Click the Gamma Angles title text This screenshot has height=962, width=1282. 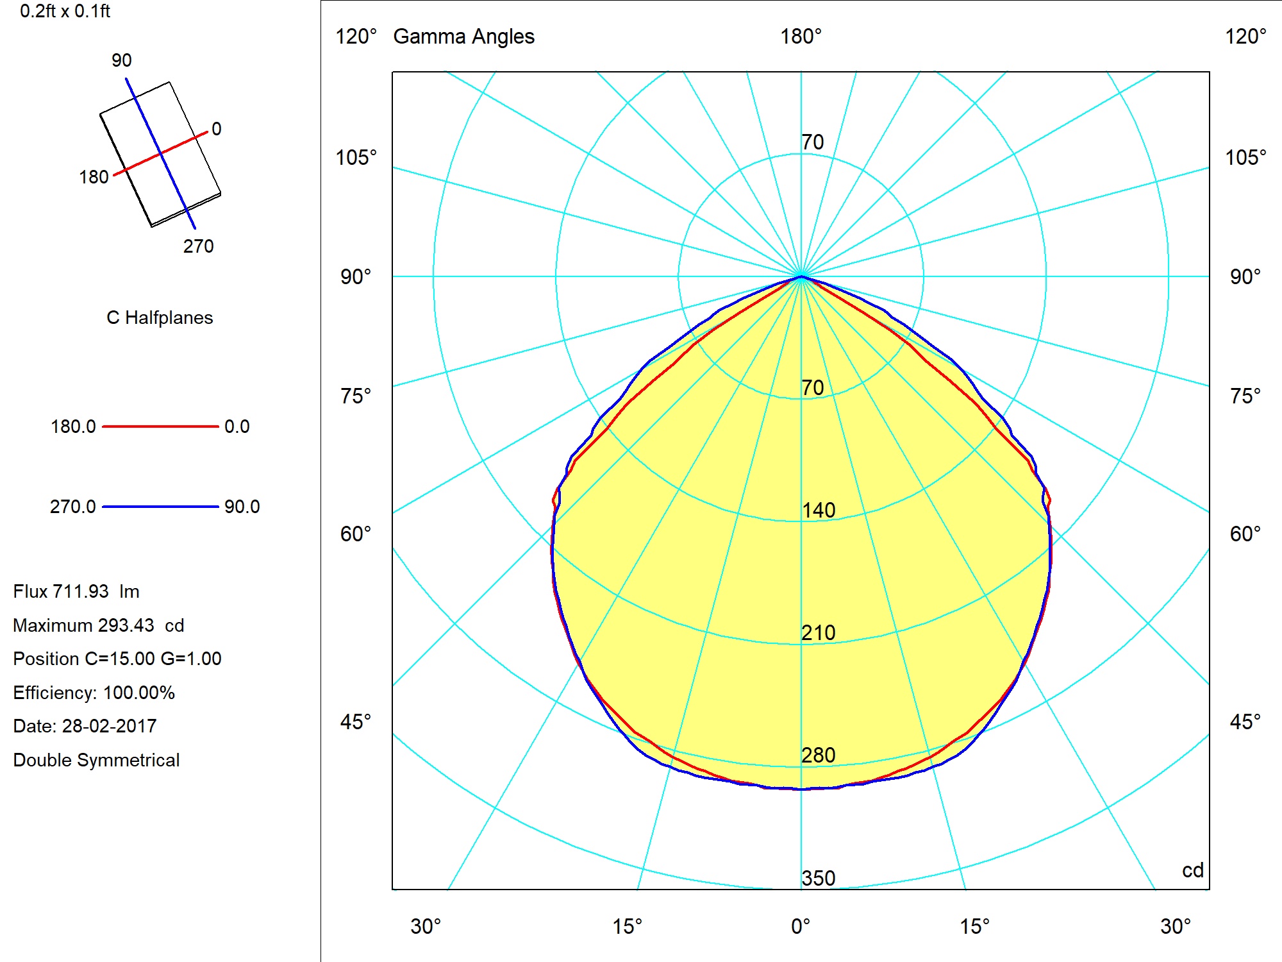pos(463,37)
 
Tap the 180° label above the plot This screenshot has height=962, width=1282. pos(801,37)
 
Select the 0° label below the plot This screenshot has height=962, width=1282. pos(801,927)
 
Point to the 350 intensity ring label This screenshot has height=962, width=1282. pos(819,878)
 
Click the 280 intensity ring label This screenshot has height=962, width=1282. pos(819,755)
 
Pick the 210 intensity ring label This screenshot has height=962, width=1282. pos(819,632)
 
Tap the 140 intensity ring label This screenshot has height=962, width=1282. pos(819,510)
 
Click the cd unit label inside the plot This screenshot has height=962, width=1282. pos(1193,870)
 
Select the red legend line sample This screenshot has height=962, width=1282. pos(160,426)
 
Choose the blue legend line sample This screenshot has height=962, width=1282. pos(160,507)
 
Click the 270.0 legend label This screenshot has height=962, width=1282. pos(72,507)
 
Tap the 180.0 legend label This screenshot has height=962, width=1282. pos(73,426)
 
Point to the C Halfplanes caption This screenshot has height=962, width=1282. pos(160,317)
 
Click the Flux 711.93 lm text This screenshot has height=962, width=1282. pos(76,591)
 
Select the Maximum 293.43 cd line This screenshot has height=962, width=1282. pos(99,625)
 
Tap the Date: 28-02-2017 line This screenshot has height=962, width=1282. pos(85,726)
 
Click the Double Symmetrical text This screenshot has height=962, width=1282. pos(96,760)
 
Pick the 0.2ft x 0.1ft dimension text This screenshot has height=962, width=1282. pos(65,11)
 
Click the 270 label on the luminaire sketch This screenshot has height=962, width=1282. pos(199,246)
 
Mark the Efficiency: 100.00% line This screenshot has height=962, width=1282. pos(94,693)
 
